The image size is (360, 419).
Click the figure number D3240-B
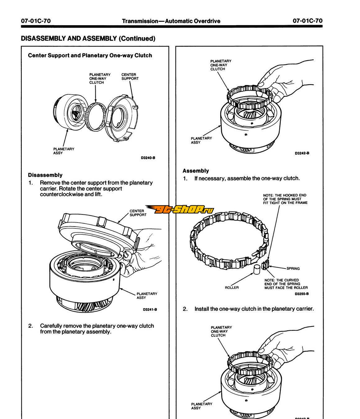tap(148, 158)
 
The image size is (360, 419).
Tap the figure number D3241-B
tap(150, 309)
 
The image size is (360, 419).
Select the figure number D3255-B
tap(302, 294)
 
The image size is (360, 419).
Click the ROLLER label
tap(232, 287)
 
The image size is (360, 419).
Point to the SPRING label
tap(293, 268)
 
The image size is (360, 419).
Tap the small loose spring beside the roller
tap(265, 264)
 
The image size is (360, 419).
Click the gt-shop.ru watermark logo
tap(180, 209)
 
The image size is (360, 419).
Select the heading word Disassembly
tap(45, 175)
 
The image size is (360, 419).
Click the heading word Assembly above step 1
tap(195, 171)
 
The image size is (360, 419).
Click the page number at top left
tap(36, 21)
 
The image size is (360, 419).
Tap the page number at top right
tap(308, 21)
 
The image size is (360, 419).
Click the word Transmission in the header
tap(140, 21)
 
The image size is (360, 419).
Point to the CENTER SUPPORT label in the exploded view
tap(130, 77)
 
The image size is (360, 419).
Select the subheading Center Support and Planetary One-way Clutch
tap(90, 55)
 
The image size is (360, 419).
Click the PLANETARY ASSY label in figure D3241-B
tap(147, 295)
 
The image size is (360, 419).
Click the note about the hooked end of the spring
tap(285, 199)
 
